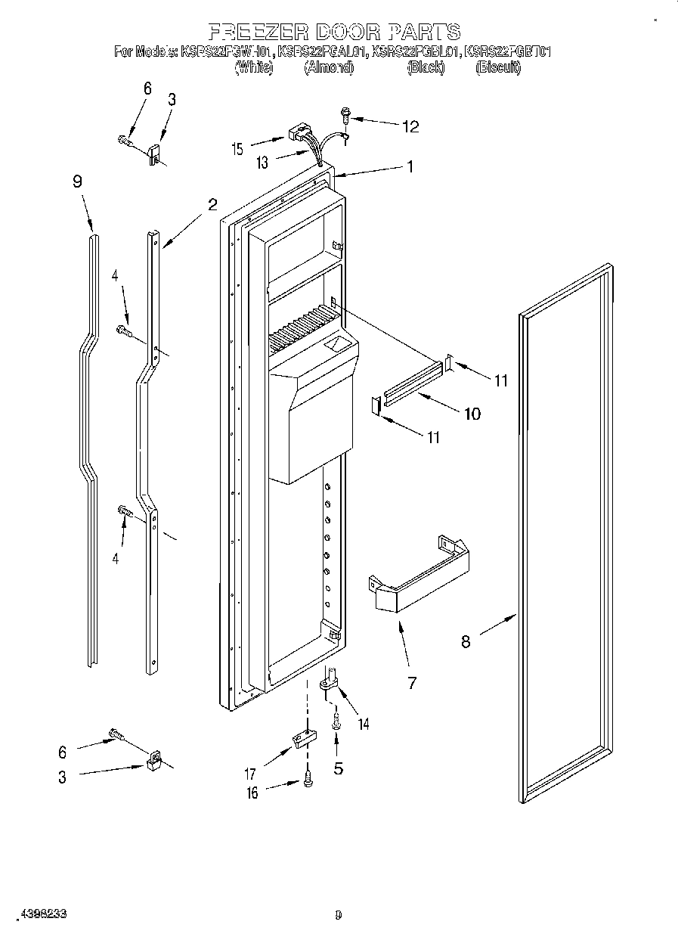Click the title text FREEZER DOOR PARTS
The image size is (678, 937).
pyautogui.click(x=334, y=32)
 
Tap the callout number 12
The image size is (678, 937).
pyautogui.click(x=410, y=126)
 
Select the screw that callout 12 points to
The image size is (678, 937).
pyautogui.click(x=346, y=115)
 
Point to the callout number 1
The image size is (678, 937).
pyautogui.click(x=410, y=167)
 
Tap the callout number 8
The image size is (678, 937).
pyautogui.click(x=466, y=641)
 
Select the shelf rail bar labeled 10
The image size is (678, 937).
pyautogui.click(x=413, y=382)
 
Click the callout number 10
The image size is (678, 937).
pyautogui.click(x=472, y=414)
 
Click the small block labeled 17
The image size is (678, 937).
pyautogui.click(x=302, y=738)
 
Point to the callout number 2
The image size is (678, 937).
pyautogui.click(x=212, y=204)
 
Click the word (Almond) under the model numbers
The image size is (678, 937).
pyautogui.click(x=329, y=68)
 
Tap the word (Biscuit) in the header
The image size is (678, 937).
pyautogui.click(x=498, y=68)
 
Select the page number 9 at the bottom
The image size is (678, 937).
pyautogui.click(x=338, y=914)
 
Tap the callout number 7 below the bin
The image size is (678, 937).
pyautogui.click(x=411, y=684)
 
